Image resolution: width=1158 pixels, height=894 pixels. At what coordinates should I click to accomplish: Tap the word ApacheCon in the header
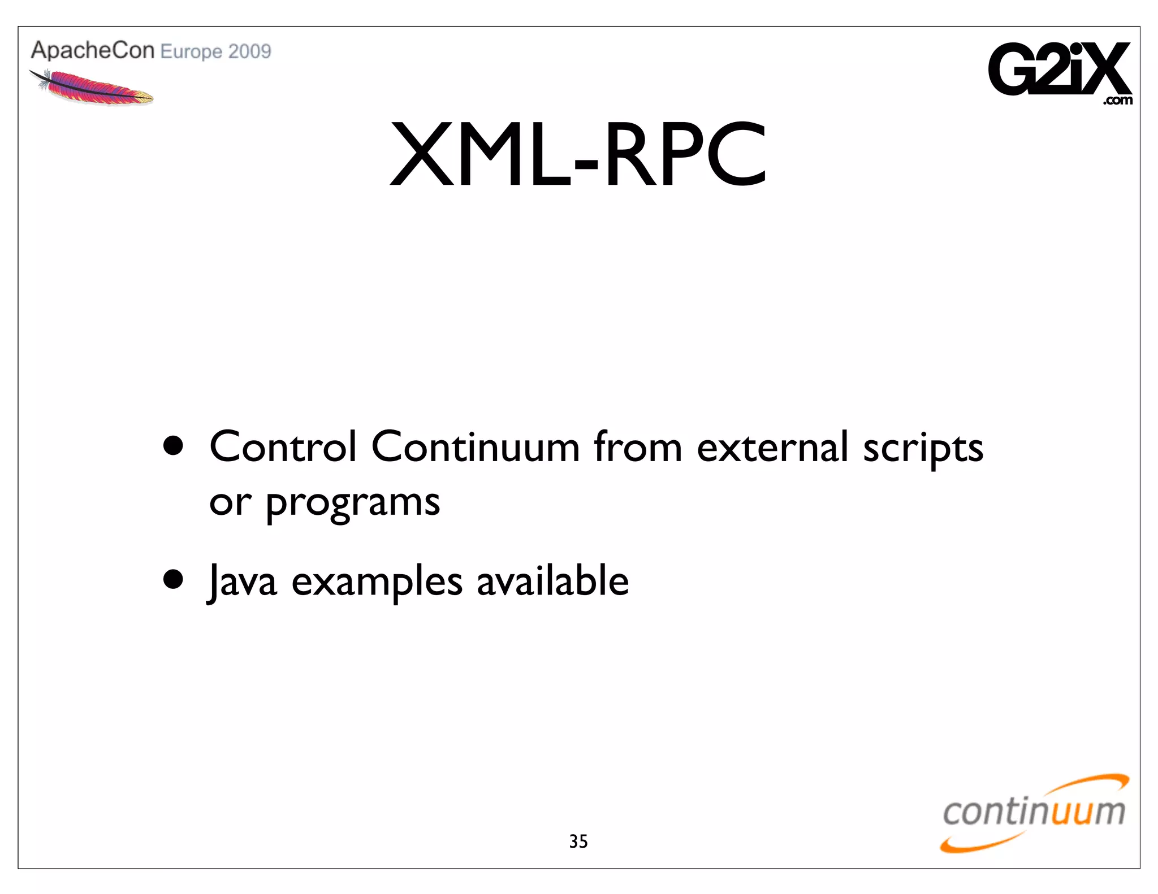[93, 50]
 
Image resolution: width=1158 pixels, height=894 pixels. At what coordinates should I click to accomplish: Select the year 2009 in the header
[250, 51]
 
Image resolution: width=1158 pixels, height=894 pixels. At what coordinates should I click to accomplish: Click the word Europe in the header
[191, 52]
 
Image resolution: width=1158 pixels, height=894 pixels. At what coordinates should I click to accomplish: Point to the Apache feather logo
[90, 88]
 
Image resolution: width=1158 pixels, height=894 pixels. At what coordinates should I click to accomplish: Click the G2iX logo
[1058, 70]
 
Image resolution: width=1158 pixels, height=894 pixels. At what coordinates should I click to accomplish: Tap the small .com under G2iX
[1117, 101]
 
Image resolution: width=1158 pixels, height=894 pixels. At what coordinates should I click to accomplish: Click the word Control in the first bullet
[283, 447]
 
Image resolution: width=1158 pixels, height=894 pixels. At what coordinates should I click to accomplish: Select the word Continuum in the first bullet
[475, 447]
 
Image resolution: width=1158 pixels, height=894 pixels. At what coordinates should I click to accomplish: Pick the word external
[772, 447]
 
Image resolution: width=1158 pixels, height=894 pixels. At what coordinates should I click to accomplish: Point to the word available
[552, 580]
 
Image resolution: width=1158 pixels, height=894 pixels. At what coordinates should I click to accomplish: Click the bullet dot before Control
[173, 446]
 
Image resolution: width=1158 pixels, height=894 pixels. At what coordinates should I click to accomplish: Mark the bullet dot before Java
[173, 579]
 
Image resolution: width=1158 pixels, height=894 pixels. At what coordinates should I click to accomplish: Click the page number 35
[578, 841]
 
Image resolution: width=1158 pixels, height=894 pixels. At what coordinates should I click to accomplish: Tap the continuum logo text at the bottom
[1034, 812]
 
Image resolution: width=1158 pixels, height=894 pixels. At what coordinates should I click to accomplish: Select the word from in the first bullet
[638, 447]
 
